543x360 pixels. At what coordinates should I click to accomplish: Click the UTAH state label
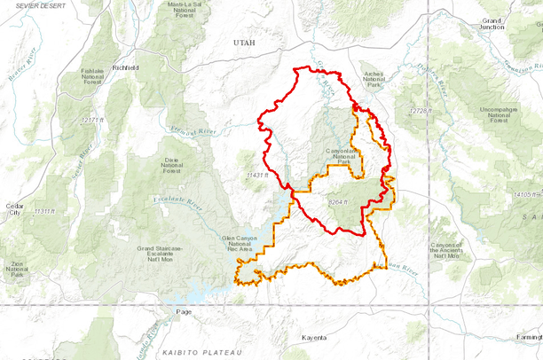[x=243, y=43]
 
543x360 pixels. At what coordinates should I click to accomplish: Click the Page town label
[x=184, y=311]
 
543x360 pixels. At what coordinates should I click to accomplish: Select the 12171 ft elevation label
[x=92, y=119]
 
